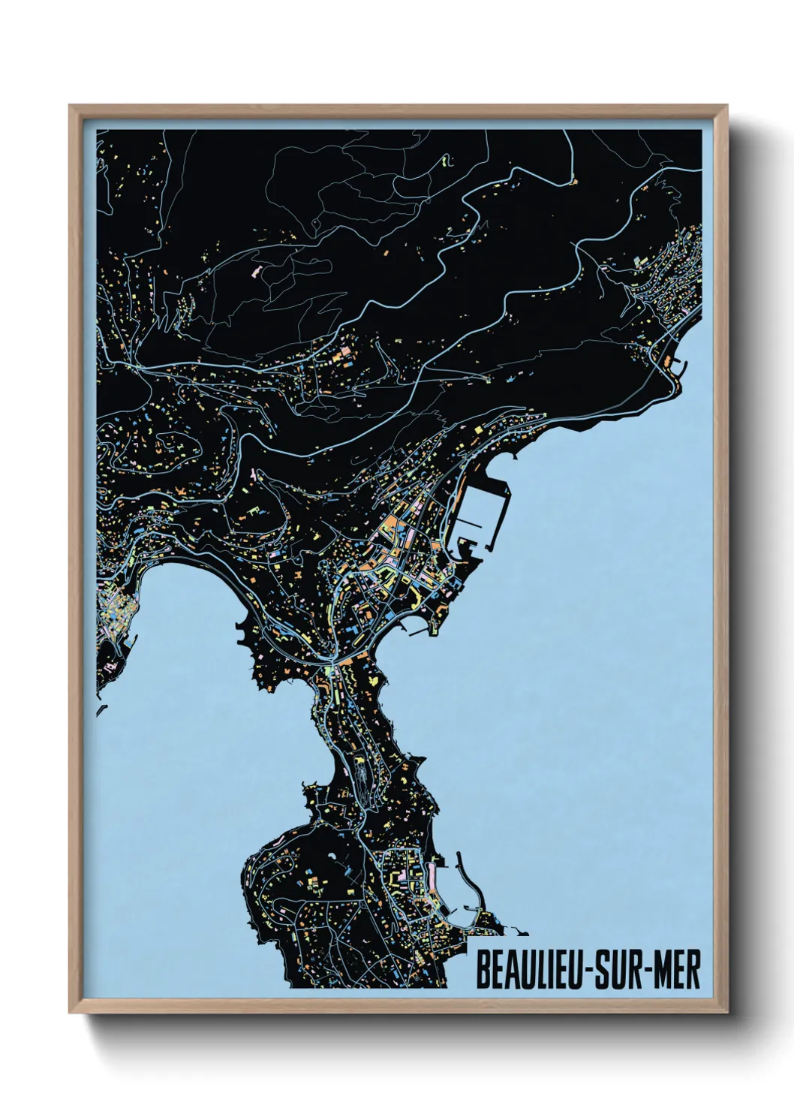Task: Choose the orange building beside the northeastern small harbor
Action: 667,362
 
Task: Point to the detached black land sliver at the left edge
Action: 99,710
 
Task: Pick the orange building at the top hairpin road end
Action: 574,182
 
